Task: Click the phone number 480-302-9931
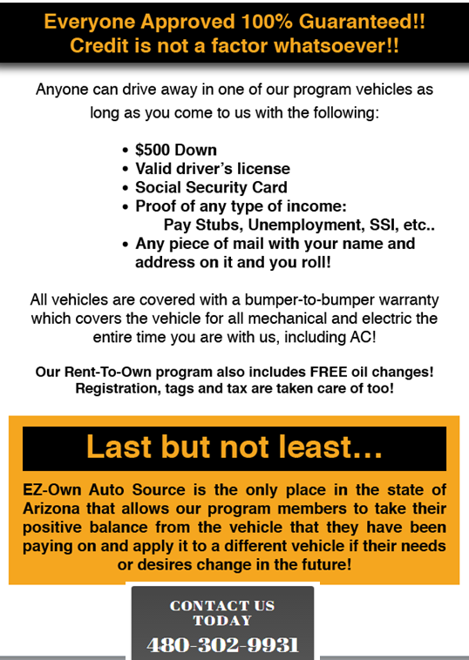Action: pos(222,646)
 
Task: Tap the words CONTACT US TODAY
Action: pos(222,613)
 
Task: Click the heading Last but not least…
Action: pos(234,448)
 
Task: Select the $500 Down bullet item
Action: pos(176,149)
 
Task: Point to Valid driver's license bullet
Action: pos(213,168)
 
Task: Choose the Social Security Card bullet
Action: pos(211,187)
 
